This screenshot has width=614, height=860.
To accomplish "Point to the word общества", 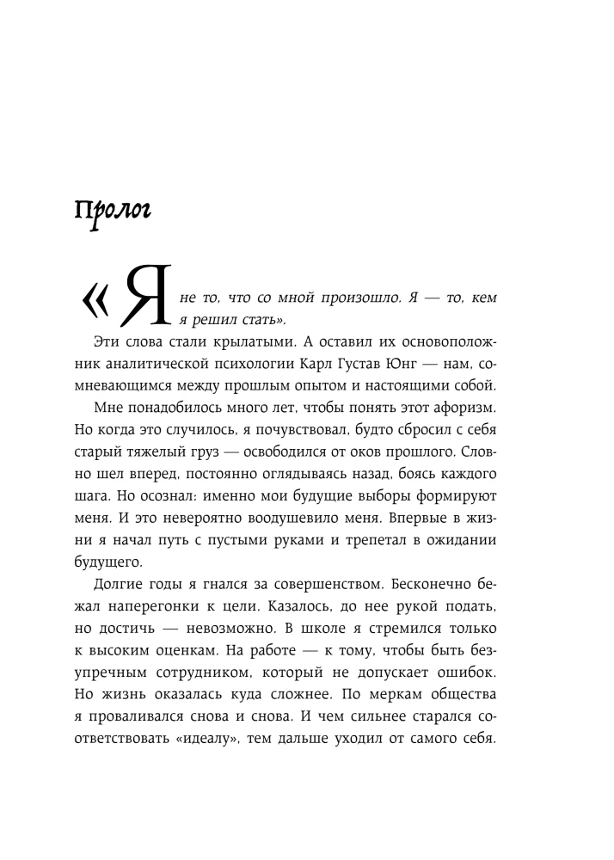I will pyautogui.click(x=461, y=702).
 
